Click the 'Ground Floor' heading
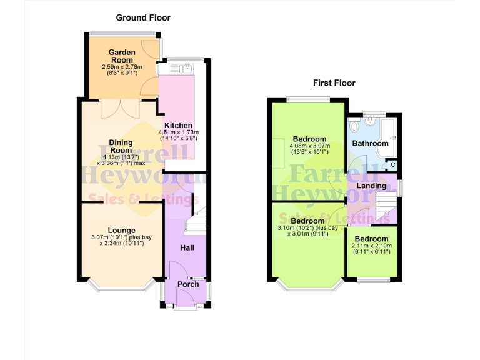click(142, 18)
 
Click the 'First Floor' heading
click(334, 82)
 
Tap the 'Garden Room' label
click(122, 56)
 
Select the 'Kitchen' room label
click(179, 125)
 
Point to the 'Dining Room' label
click(121, 146)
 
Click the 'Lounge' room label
click(121, 229)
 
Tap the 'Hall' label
click(187, 248)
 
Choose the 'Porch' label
click(188, 284)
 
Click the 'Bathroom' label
click(370, 143)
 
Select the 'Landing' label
click(371, 186)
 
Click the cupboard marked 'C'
click(392, 165)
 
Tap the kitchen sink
click(186, 69)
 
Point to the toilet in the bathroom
click(354, 127)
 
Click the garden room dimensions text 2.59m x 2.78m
click(122, 67)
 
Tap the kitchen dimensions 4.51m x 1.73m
click(179, 132)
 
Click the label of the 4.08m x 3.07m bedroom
click(309, 139)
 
